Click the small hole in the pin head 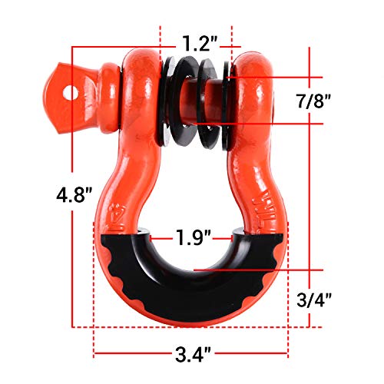coord(74,91)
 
